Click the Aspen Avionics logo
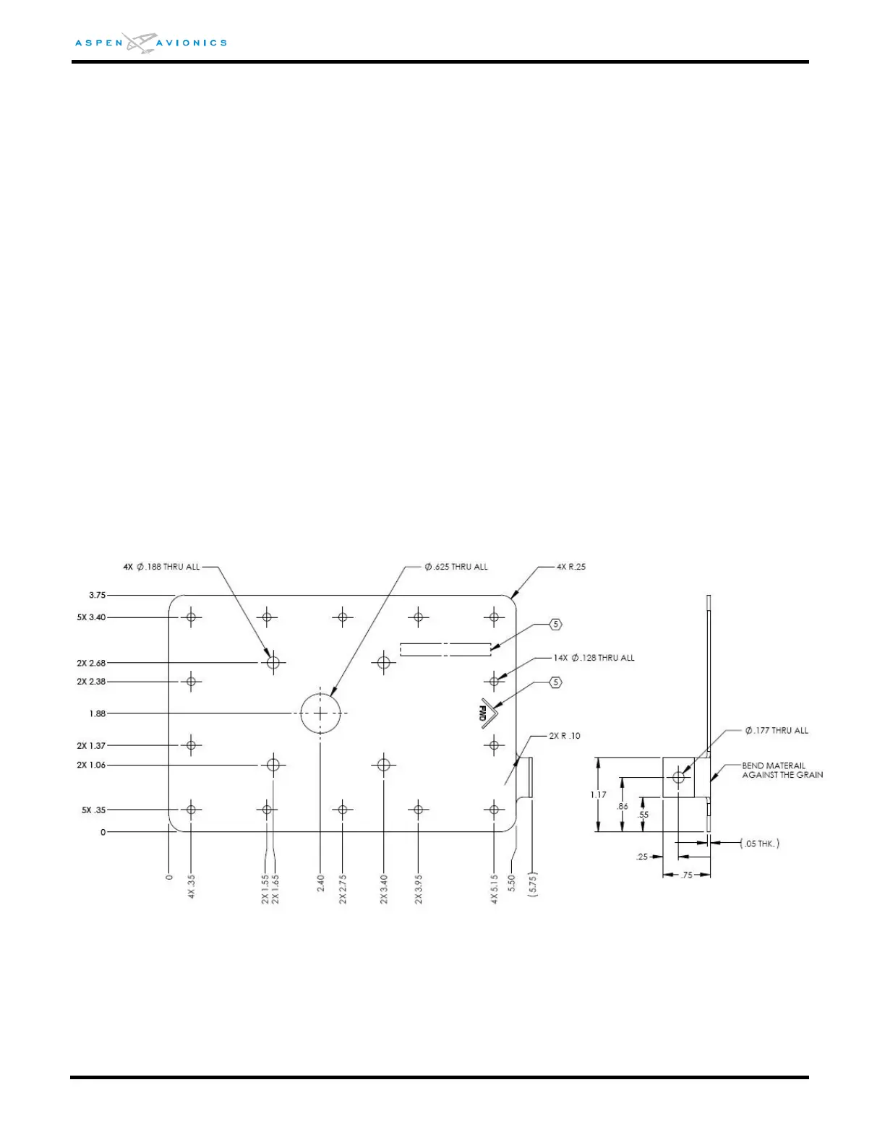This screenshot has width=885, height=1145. (150, 43)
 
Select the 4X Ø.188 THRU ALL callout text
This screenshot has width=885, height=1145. (161, 567)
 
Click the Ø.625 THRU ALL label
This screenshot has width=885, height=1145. (456, 567)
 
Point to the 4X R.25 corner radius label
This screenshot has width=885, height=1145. (571, 567)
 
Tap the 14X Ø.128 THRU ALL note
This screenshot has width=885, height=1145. (594, 658)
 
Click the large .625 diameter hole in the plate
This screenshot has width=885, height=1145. (320, 713)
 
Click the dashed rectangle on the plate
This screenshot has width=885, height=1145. (445, 649)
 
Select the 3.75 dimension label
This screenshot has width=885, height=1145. (97, 596)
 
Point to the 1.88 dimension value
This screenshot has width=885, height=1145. (97, 713)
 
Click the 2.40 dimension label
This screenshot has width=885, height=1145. (320, 883)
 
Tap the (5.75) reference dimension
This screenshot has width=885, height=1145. (533, 883)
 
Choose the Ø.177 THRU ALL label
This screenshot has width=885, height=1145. (777, 731)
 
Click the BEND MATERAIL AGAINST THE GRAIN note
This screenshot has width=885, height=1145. (782, 770)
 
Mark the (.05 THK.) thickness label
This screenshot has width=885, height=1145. (760, 844)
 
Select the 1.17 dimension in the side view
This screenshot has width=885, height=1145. (598, 794)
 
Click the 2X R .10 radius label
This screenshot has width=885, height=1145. (565, 736)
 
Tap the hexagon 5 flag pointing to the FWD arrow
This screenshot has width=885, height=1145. (555, 682)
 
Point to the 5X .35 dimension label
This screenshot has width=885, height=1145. (93, 810)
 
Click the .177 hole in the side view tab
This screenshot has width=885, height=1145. (678, 778)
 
